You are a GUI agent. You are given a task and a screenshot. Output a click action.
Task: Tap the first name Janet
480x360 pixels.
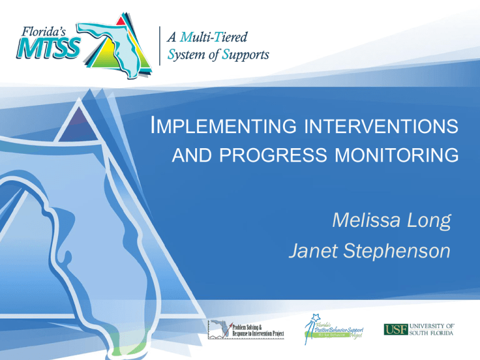pos(313,252)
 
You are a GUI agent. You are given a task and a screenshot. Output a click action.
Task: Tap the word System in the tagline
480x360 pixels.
pos(190,54)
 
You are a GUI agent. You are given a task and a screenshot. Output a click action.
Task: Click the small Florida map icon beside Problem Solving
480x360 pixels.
pos(220,329)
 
